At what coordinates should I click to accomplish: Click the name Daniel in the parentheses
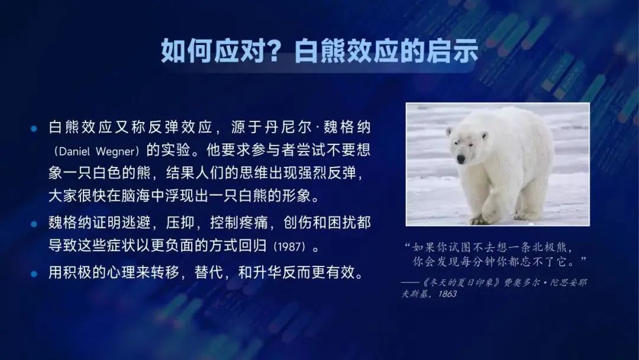[x=74, y=152]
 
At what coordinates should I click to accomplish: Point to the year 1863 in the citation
[x=447, y=294]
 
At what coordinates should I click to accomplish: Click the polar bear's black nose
[x=461, y=159]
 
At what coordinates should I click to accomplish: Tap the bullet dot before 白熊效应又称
[x=34, y=129]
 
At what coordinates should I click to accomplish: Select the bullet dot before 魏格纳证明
[x=34, y=224]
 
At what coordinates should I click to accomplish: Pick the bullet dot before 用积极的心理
[x=34, y=274]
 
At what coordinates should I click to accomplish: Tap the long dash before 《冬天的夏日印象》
[x=411, y=282]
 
